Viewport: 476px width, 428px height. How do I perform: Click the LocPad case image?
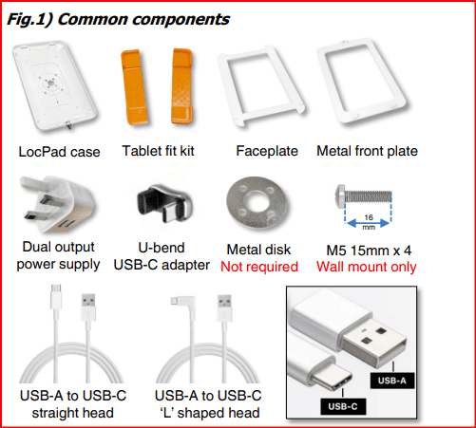click(x=54, y=85)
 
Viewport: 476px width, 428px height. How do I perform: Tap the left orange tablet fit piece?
click(x=134, y=86)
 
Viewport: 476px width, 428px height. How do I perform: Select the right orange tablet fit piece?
click(x=182, y=85)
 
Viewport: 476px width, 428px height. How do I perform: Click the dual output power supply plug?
click(x=57, y=204)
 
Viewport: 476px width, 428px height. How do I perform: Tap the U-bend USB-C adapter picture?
click(x=164, y=202)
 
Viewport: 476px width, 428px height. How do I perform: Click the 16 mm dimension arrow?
click(x=369, y=223)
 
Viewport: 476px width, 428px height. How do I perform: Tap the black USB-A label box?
click(x=392, y=381)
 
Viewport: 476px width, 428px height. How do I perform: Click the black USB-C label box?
click(x=343, y=406)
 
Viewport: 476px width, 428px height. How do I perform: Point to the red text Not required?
click(x=259, y=267)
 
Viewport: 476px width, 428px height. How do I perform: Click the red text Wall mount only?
click(x=367, y=267)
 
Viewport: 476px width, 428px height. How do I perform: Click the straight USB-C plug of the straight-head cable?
click(x=56, y=296)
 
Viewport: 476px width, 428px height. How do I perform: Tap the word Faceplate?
click(x=267, y=151)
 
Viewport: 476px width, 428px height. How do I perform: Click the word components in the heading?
click(x=181, y=19)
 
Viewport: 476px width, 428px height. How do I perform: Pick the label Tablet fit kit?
click(x=158, y=151)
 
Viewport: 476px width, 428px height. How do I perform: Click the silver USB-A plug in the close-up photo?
click(x=373, y=342)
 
